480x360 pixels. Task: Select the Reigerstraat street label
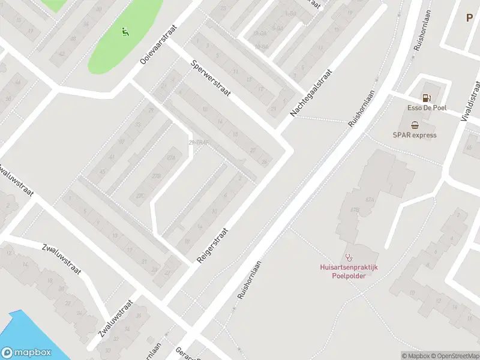coord(213,245)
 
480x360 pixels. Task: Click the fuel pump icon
coord(427,98)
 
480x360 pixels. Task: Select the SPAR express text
coord(415,135)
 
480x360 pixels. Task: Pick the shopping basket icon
coord(415,125)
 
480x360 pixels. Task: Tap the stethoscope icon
coord(349,256)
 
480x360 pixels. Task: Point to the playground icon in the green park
coord(125,31)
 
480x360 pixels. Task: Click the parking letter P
coord(469,18)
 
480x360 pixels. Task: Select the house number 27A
coord(171,157)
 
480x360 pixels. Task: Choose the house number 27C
coord(141,196)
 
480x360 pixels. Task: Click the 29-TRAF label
coord(197,142)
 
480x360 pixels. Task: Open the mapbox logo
coord(26,353)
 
